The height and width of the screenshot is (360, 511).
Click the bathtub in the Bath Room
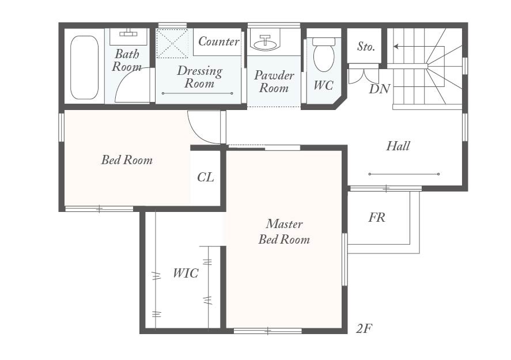tap(84, 67)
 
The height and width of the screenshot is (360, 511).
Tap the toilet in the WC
tap(324, 54)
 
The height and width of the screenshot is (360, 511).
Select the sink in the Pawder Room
tap(267, 43)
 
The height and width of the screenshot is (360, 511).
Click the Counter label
tap(219, 41)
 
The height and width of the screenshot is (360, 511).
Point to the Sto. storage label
tap(366, 46)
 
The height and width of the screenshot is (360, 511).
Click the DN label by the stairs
tap(379, 89)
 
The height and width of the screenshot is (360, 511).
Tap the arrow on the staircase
tap(419, 47)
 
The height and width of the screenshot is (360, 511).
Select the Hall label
tap(398, 146)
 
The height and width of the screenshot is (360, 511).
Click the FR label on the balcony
tap(377, 217)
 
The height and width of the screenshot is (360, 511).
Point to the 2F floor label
tap(364, 329)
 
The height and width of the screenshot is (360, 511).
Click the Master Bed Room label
tap(284, 232)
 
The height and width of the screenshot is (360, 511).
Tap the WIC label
tap(186, 273)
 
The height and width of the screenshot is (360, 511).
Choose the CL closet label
tap(206, 177)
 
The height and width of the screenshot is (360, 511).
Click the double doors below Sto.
tap(364, 74)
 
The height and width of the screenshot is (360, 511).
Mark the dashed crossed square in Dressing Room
tap(172, 44)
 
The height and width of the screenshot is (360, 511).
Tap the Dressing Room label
tap(200, 77)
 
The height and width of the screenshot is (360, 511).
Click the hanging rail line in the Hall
tap(404, 174)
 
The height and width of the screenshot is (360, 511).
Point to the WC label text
tap(323, 85)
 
